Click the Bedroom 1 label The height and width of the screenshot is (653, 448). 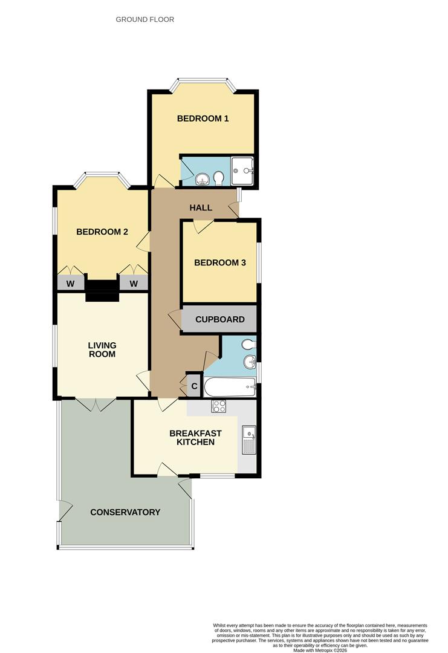coord(203,119)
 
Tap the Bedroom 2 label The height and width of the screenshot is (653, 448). coord(102,232)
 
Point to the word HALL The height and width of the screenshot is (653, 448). coord(201,208)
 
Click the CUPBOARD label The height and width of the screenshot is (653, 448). coord(220,319)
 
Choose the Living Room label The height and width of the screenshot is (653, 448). coord(102,349)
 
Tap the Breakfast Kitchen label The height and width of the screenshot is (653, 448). coord(195,438)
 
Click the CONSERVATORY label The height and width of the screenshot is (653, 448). coord(125,512)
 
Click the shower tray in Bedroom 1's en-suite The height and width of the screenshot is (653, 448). coord(243,171)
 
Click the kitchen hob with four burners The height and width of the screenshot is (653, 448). coord(218,406)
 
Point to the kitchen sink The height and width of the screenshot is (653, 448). coord(248,440)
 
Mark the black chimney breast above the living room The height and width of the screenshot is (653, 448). coord(102,290)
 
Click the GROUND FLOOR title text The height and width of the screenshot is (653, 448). coord(145,19)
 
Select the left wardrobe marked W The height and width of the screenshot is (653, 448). coord(70,283)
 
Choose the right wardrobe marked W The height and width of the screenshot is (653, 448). coord(133,283)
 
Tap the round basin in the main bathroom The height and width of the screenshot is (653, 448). coord(248,363)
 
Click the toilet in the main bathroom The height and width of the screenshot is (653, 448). coord(248,345)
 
